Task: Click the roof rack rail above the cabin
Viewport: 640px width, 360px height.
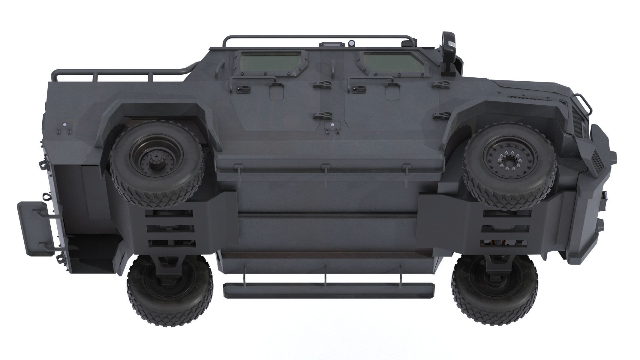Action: pyautogui.click(x=315, y=37)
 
